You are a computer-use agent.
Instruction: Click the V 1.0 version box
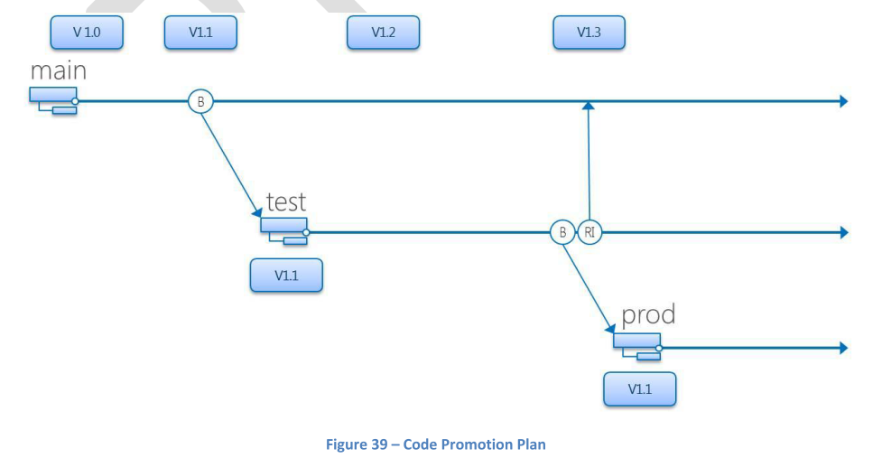pyautogui.click(x=87, y=33)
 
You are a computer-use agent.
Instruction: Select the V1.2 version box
pyautogui.click(x=383, y=33)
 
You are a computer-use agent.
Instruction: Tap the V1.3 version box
pyautogui.click(x=589, y=33)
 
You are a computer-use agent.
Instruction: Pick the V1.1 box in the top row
pyautogui.click(x=200, y=33)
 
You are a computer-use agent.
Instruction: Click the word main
pyautogui.click(x=58, y=71)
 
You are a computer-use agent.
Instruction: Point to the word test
pyautogui.click(x=286, y=202)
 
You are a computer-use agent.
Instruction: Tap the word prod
pyautogui.click(x=648, y=316)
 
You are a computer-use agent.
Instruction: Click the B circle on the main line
pyautogui.click(x=200, y=101)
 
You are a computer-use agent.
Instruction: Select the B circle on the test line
pyautogui.click(x=562, y=232)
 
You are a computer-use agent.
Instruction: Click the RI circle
pyautogui.click(x=589, y=232)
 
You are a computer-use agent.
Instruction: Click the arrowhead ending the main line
pyautogui.click(x=843, y=101)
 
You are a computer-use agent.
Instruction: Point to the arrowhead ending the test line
pyautogui.click(x=843, y=232)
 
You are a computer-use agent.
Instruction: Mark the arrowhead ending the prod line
pyautogui.click(x=843, y=348)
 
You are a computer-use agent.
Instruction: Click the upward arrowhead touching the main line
pyautogui.click(x=589, y=107)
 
